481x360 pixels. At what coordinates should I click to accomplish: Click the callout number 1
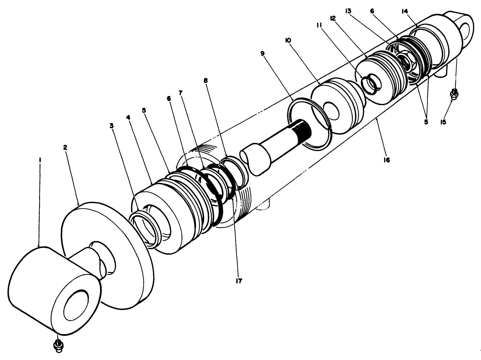(40, 159)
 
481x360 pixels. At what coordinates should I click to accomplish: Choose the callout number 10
(288, 40)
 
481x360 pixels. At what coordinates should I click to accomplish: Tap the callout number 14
(405, 11)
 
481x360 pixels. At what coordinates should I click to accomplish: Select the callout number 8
(206, 80)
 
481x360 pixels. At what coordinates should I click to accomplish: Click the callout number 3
(111, 126)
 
